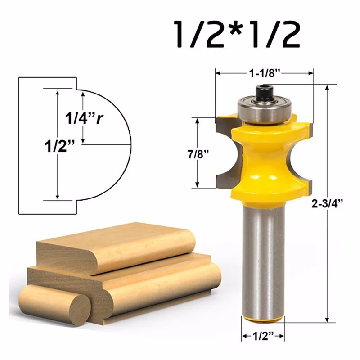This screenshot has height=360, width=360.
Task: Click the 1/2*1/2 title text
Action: (238, 35)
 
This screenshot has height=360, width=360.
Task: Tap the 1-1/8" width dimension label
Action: (265, 73)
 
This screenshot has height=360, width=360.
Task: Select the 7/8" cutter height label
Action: (198, 154)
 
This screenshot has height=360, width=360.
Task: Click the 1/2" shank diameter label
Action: (263, 336)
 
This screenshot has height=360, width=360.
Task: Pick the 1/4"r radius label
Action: (84, 118)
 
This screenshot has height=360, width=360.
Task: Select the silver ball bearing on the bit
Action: (265, 109)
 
